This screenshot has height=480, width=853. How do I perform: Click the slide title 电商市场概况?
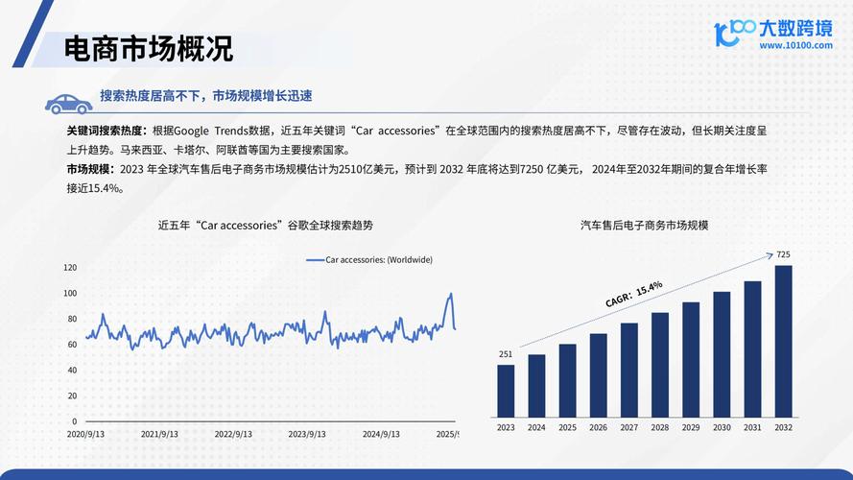coord(148,48)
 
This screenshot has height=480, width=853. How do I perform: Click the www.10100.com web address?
coord(795,44)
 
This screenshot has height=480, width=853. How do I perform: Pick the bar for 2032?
coord(784,341)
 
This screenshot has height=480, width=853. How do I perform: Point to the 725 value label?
coord(783,254)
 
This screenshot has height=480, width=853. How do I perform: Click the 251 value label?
coord(506,354)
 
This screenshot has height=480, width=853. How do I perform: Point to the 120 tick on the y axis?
coord(69,267)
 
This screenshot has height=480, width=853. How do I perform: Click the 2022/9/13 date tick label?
coord(233,434)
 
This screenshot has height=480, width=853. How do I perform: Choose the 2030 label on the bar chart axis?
coord(722,427)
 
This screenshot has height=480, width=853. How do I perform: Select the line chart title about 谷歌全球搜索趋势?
coord(265,225)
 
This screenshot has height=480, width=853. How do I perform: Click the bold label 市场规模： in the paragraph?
coord(92,169)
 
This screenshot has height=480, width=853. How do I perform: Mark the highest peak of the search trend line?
coord(450,294)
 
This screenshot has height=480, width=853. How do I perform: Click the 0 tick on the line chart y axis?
coord(74,421)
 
